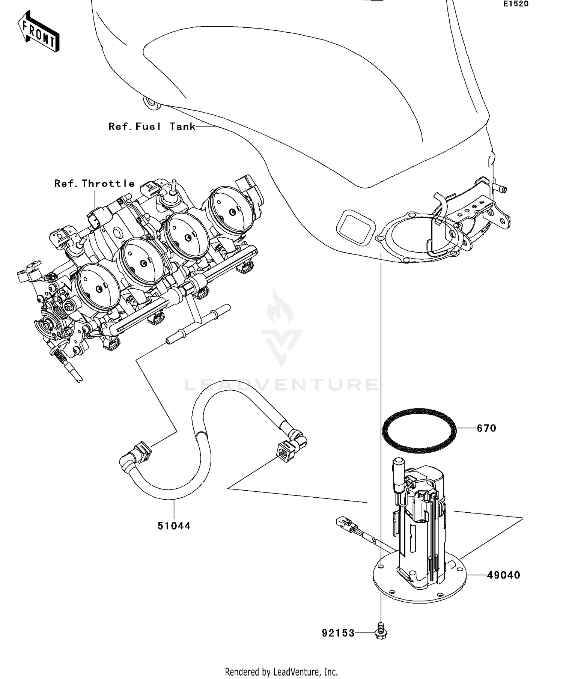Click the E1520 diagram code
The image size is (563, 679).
click(516, 4)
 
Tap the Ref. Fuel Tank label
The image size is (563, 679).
click(152, 126)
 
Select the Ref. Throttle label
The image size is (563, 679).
click(94, 184)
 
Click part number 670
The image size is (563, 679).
click(486, 428)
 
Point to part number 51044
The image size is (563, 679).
click(174, 526)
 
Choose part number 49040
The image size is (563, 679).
click(503, 575)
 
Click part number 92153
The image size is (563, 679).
click(338, 633)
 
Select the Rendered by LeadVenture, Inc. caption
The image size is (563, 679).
click(281, 671)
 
